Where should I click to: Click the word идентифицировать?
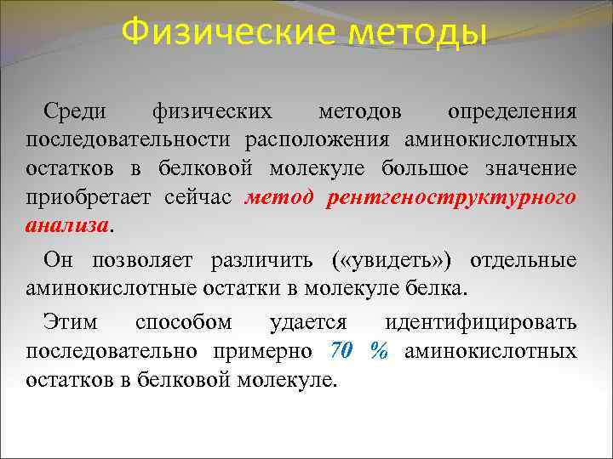tap(481, 323)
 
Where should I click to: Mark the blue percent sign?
tap(379, 351)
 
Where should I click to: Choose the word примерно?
tap(266, 351)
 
